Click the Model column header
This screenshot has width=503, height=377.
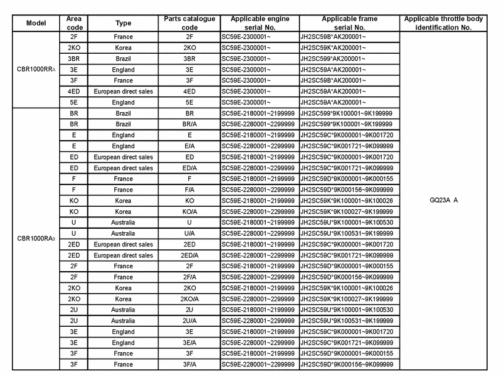pyautogui.click(x=36, y=23)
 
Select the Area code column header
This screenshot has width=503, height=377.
pyautogui.click(x=74, y=23)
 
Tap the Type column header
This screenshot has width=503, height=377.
pyautogui.click(x=123, y=23)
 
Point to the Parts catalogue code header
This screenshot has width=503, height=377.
pyautogui.click(x=189, y=23)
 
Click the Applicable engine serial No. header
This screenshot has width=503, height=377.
pyautogui.click(x=259, y=23)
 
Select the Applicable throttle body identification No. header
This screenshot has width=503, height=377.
pyautogui.click(x=443, y=23)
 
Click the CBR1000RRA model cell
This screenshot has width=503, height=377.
pyautogui.click(x=36, y=70)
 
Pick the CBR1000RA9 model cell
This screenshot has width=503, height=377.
pyautogui.click(x=36, y=239)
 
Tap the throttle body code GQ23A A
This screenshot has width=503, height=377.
pyautogui.click(x=443, y=200)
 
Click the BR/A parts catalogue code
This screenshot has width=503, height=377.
pyautogui.click(x=189, y=124)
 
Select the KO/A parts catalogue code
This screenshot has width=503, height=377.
pyautogui.click(x=189, y=212)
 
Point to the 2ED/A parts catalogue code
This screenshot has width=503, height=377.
pyautogui.click(x=189, y=255)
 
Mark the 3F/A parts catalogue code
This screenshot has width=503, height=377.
pyautogui.click(x=189, y=365)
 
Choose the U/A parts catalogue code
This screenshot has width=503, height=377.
pyautogui.click(x=189, y=233)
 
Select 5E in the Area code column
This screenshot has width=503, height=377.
pyautogui.click(x=74, y=102)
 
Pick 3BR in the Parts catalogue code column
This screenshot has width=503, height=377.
pyautogui.click(x=189, y=58)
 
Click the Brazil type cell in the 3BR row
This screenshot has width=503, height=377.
pyautogui.click(x=123, y=58)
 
